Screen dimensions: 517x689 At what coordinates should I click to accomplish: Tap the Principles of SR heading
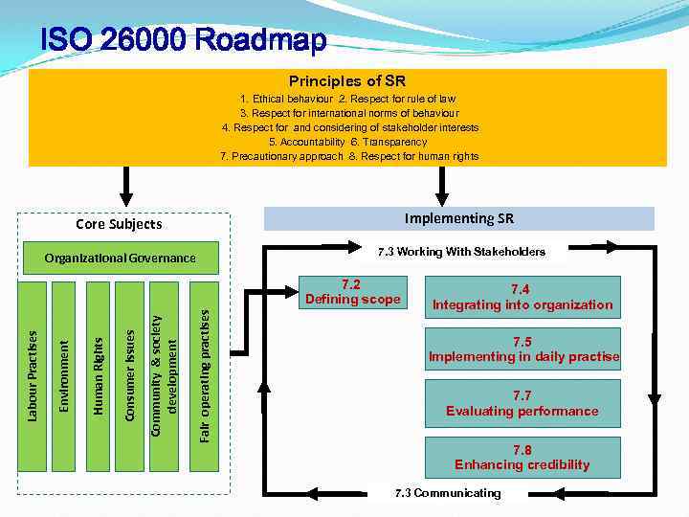click(x=346, y=81)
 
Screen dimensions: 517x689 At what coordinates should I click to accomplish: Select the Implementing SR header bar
click(x=458, y=218)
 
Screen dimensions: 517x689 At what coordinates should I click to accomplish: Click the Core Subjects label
click(x=119, y=224)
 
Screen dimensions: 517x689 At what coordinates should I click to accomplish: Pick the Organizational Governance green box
click(x=120, y=258)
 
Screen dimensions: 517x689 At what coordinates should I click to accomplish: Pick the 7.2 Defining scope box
click(x=351, y=292)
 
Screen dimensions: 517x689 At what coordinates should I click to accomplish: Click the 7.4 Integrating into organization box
click(x=522, y=297)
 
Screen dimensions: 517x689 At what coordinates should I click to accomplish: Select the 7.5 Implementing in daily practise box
click(x=523, y=349)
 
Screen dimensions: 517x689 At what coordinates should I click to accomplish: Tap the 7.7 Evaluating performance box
click(x=522, y=403)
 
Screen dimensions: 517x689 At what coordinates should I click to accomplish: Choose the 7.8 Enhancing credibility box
click(x=522, y=458)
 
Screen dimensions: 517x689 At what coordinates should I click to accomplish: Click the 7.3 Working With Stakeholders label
click(x=460, y=252)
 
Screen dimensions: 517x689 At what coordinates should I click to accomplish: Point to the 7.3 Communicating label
click(x=448, y=493)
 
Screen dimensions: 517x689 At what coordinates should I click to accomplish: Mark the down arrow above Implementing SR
click(x=441, y=185)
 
